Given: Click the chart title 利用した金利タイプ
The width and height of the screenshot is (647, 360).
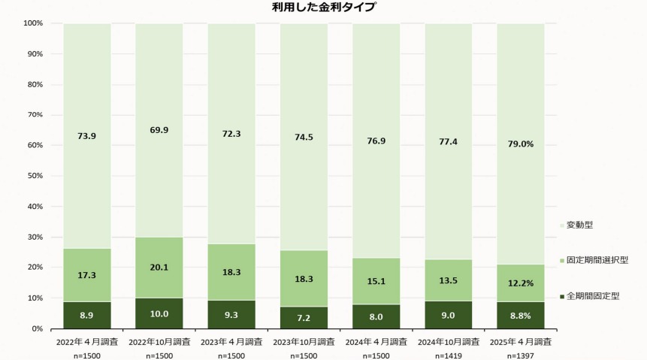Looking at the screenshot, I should pos(324,8).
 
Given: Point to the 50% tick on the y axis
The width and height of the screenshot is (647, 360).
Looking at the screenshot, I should pos(33,176).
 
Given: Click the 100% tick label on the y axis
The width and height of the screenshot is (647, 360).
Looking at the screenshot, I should pos(32,23).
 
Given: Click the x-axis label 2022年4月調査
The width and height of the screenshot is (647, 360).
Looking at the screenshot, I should pos(86,342).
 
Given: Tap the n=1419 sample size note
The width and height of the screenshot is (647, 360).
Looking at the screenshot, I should pos(449,354).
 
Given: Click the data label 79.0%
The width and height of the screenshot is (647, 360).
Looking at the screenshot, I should pos(521,144).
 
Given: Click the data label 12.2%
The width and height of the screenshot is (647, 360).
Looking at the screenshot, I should pos(521,283).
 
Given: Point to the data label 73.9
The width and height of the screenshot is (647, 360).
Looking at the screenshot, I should pos(86,136).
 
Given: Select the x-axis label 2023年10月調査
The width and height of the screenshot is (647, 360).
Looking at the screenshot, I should pos(304,342).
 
